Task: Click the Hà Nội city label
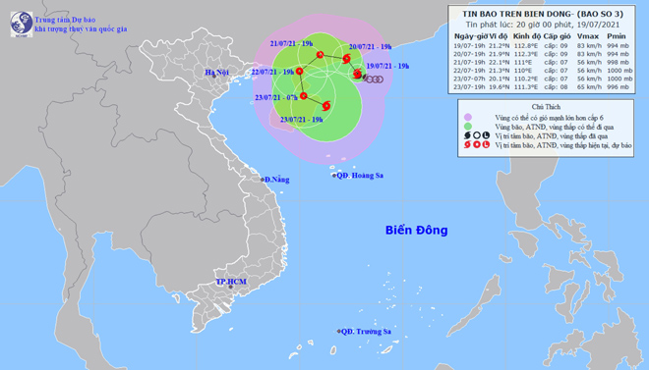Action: [x=216, y=73]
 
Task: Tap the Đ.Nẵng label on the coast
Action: [x=276, y=180]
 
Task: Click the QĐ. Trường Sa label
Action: [x=366, y=332]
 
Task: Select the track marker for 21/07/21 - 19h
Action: [x=320, y=54]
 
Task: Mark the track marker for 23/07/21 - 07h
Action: [x=304, y=95]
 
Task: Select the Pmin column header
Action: [x=617, y=34]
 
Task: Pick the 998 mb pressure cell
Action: [x=617, y=62]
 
